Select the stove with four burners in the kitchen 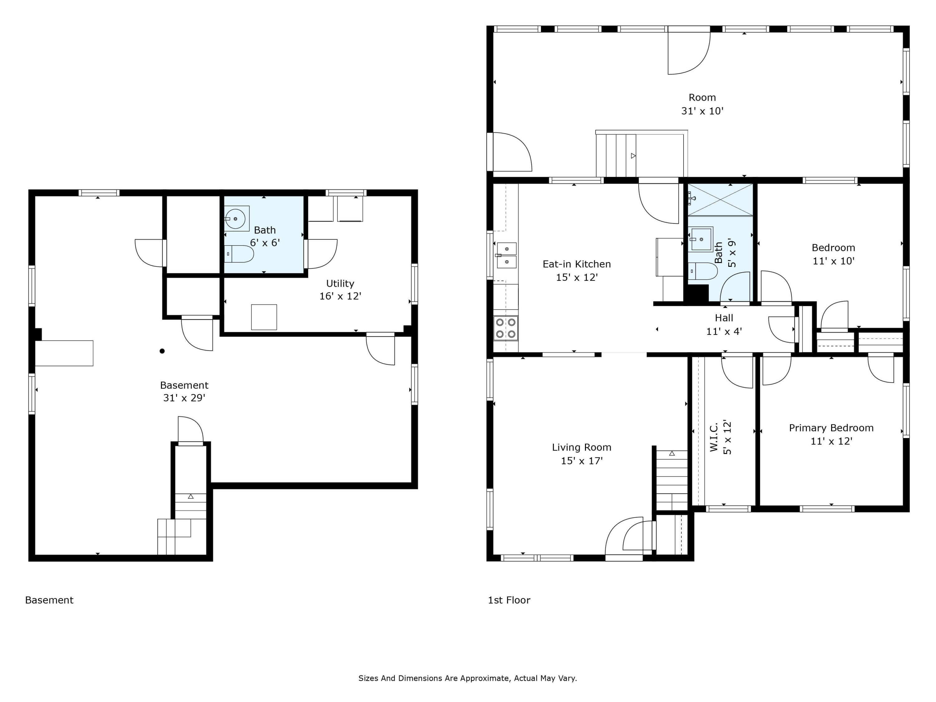pos(506,328)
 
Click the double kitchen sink pos(506,255)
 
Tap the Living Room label pos(581,447)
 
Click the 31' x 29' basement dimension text pos(184,398)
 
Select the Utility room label pos(340,284)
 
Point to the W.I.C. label pos(714,437)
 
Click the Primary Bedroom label pos(831,428)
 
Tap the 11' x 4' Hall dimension pos(724,331)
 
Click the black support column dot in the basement pos(162,351)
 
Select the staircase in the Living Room pos(671,480)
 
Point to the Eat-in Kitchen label pos(576,264)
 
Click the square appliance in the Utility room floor pos(264,317)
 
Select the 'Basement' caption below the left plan pos(49,600)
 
